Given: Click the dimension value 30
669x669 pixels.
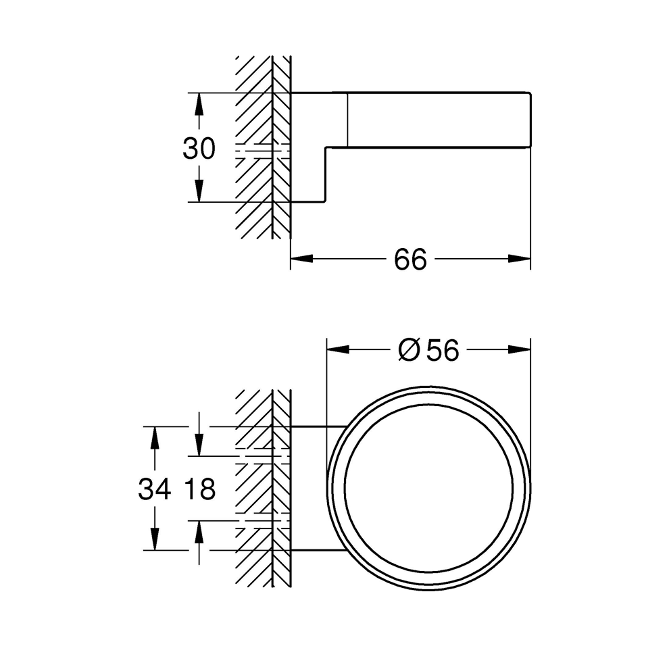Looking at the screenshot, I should click(x=199, y=149).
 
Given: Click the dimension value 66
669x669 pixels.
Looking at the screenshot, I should click(x=411, y=259).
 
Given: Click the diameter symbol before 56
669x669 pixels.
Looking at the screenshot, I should click(x=409, y=350).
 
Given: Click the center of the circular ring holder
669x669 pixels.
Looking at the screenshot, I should click(x=428, y=489).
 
